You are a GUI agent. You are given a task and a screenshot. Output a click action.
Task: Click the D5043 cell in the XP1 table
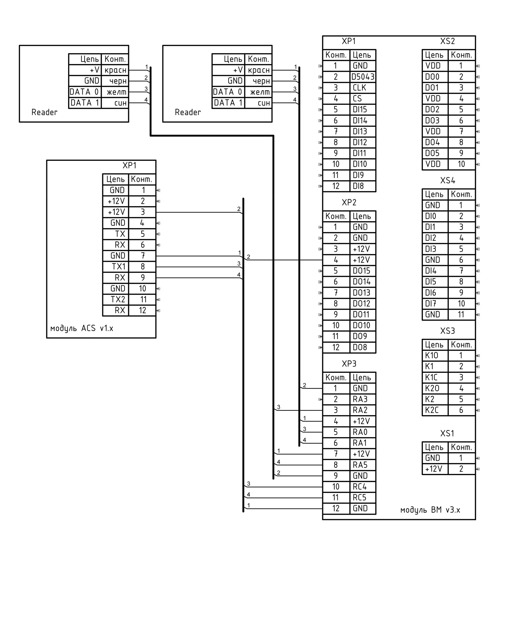(362, 77)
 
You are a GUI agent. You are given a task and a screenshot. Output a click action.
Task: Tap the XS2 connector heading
(447, 41)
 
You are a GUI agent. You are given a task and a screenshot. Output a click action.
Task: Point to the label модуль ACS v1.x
(82, 328)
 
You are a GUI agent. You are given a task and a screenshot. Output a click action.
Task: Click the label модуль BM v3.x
(430, 510)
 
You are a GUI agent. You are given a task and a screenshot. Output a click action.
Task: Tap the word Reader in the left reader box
(44, 112)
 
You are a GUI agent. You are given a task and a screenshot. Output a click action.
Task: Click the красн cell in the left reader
(115, 70)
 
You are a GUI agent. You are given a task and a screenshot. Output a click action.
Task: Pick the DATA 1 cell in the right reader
(228, 103)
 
